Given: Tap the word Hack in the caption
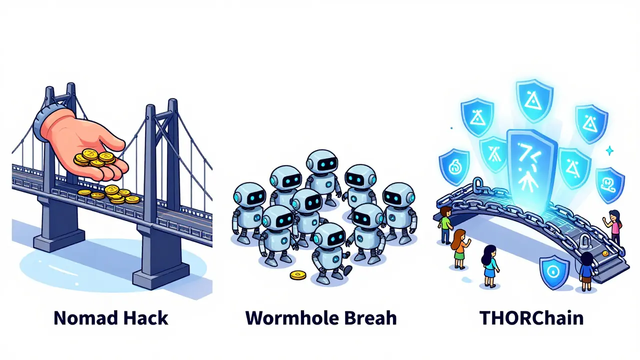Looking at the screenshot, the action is [x=145, y=318].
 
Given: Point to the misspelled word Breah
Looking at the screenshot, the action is [x=367, y=318].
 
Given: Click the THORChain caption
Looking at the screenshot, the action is [x=531, y=318].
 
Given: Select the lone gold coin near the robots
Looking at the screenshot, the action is [x=298, y=275].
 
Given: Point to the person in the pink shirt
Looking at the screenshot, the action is [x=615, y=225].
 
